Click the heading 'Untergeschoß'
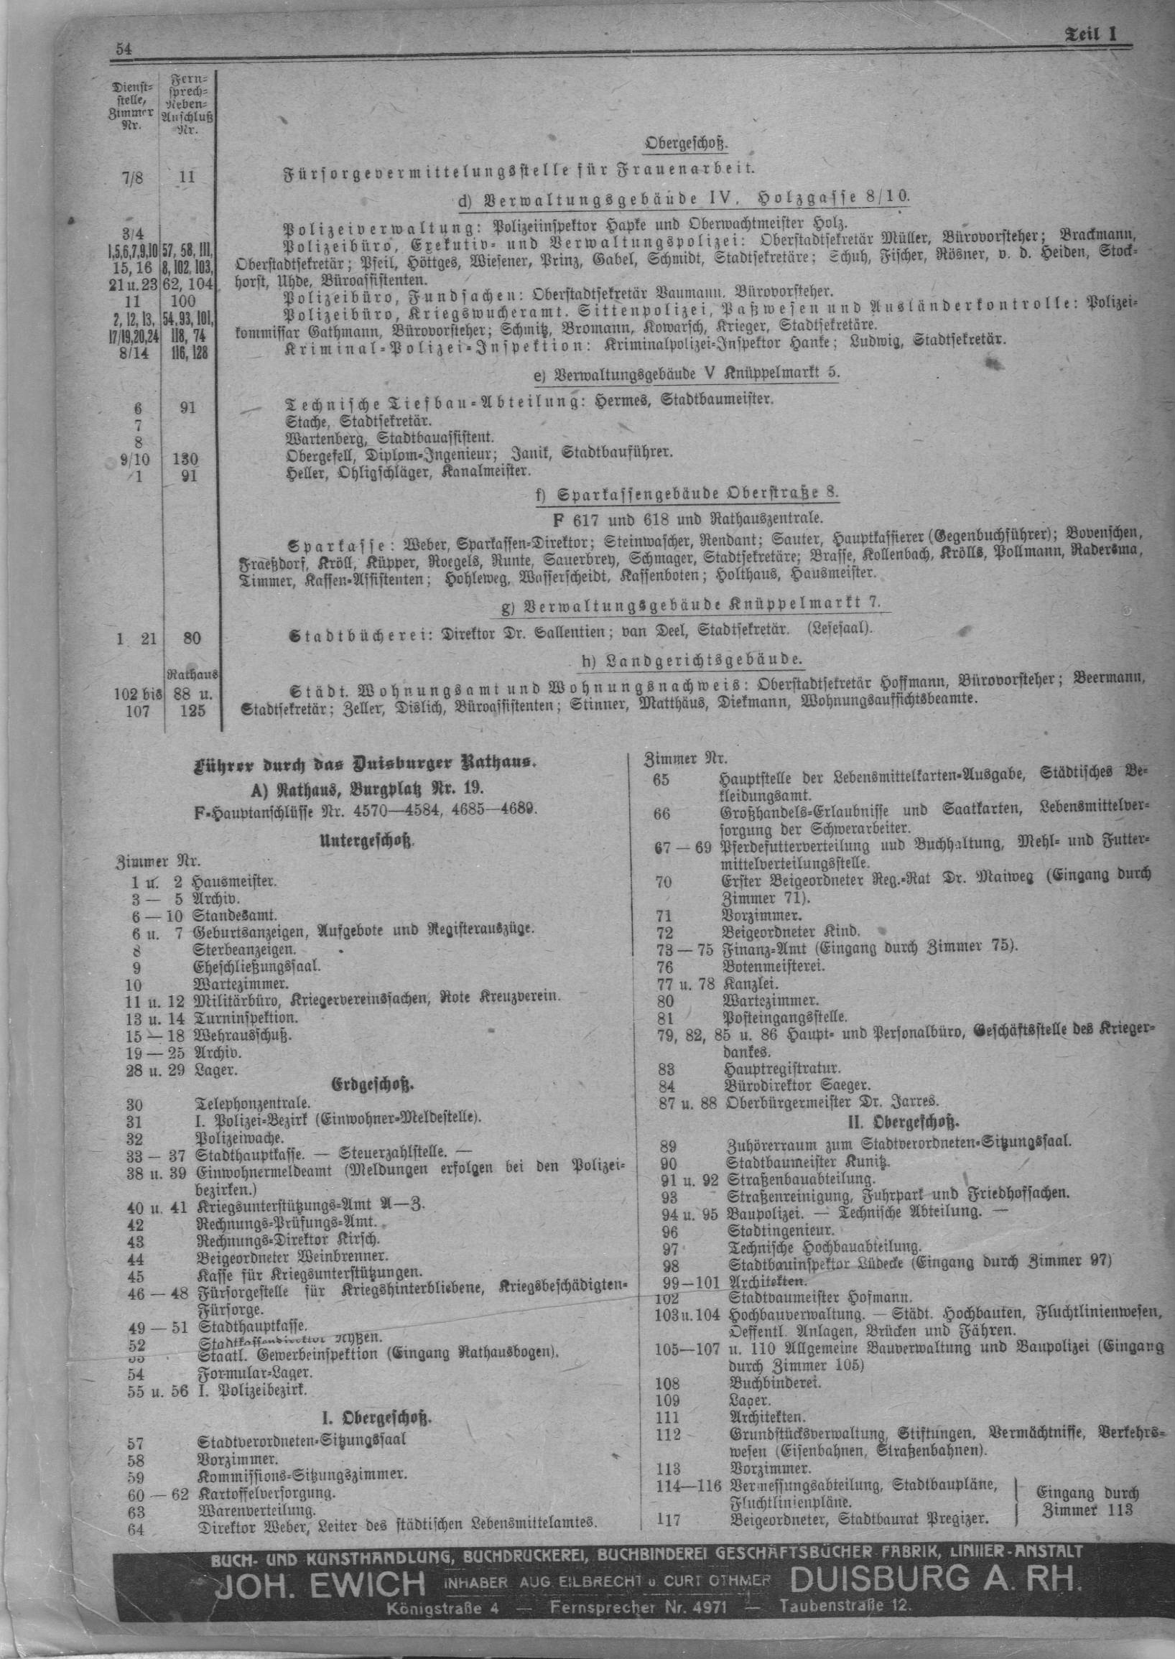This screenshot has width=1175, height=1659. tap(368, 841)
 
